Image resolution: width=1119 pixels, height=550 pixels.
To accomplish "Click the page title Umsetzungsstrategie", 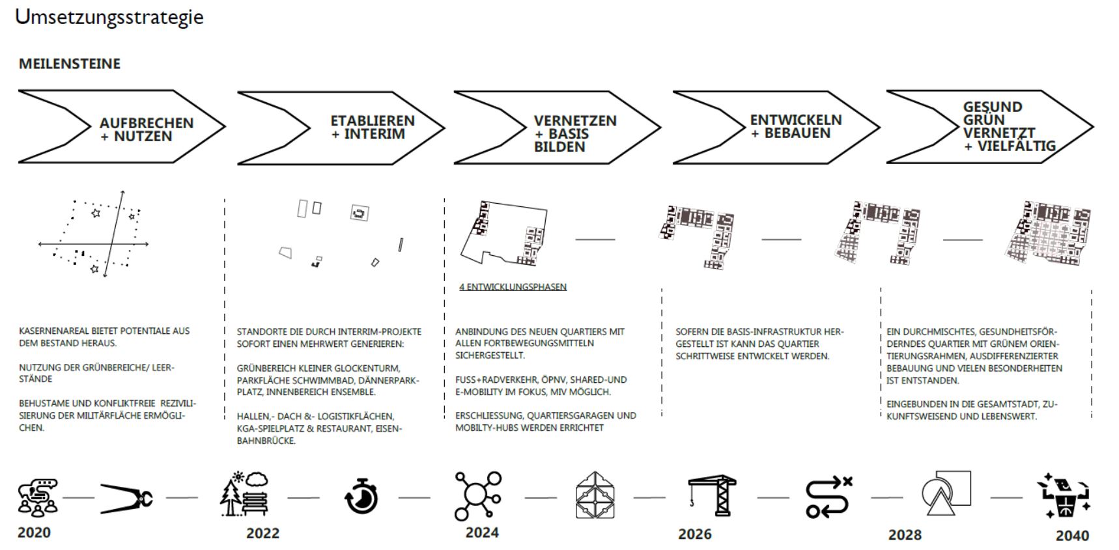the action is [x=109, y=17].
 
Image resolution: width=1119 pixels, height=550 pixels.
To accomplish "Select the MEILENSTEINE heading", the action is [x=70, y=64].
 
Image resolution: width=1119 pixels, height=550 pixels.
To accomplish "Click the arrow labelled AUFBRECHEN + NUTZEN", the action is [x=147, y=130].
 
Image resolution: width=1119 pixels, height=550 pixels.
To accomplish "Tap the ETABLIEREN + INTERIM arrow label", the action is [x=373, y=127].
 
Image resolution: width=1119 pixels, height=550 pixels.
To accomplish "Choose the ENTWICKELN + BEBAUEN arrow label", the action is [x=796, y=126].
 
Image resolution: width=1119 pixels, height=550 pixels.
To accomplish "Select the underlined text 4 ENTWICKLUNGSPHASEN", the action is [x=513, y=287].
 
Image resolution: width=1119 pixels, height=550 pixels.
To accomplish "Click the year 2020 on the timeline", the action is [x=34, y=532].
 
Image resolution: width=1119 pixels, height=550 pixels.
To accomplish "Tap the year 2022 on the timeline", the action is [x=262, y=533].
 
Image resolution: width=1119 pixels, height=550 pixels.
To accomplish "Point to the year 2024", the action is [x=482, y=532].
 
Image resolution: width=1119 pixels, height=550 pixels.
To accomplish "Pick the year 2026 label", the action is [x=695, y=534].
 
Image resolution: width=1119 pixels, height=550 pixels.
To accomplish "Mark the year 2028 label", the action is [x=905, y=534].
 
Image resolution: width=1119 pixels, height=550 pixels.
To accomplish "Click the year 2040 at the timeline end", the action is [x=1072, y=535].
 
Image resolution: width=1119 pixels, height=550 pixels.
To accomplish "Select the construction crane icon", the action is [x=712, y=495].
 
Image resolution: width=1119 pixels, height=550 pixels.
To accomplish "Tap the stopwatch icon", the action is [x=361, y=496].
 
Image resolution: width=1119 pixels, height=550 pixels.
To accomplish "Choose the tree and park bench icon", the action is [x=244, y=494].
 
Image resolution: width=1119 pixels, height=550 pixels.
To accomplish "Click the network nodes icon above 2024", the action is [x=478, y=496].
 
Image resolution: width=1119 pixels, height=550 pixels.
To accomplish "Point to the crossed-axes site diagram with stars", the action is [x=94, y=232].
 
